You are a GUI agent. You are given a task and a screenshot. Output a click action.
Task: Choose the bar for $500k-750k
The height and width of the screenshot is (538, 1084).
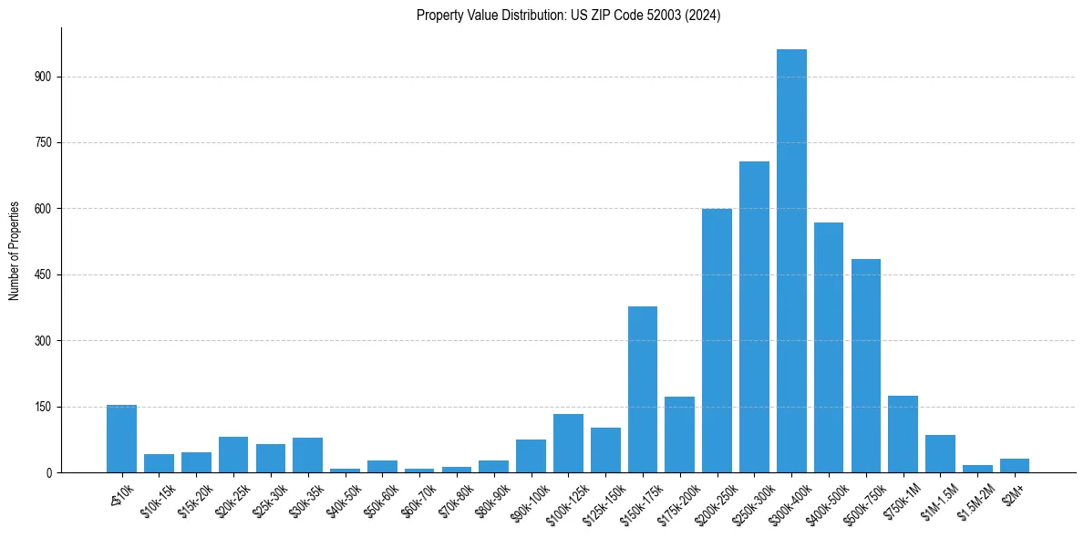pos(866,366)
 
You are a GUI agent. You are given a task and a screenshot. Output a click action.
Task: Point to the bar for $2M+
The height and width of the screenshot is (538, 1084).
pos(1015,465)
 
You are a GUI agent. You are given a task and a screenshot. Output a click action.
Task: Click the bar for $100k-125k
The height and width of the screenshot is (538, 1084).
pos(568,443)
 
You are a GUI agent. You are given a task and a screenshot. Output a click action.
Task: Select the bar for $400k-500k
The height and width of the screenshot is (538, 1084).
pos(829,347)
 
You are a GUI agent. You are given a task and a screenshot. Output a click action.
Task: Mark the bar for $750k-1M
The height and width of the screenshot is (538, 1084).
pos(903,434)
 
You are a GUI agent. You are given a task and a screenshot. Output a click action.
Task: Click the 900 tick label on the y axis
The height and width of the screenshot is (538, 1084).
pos(43,77)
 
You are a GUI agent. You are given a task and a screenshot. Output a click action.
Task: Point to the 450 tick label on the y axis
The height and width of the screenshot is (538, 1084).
pos(43,274)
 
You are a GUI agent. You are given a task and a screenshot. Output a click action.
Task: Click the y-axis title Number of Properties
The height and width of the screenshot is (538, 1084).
pos(14,250)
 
